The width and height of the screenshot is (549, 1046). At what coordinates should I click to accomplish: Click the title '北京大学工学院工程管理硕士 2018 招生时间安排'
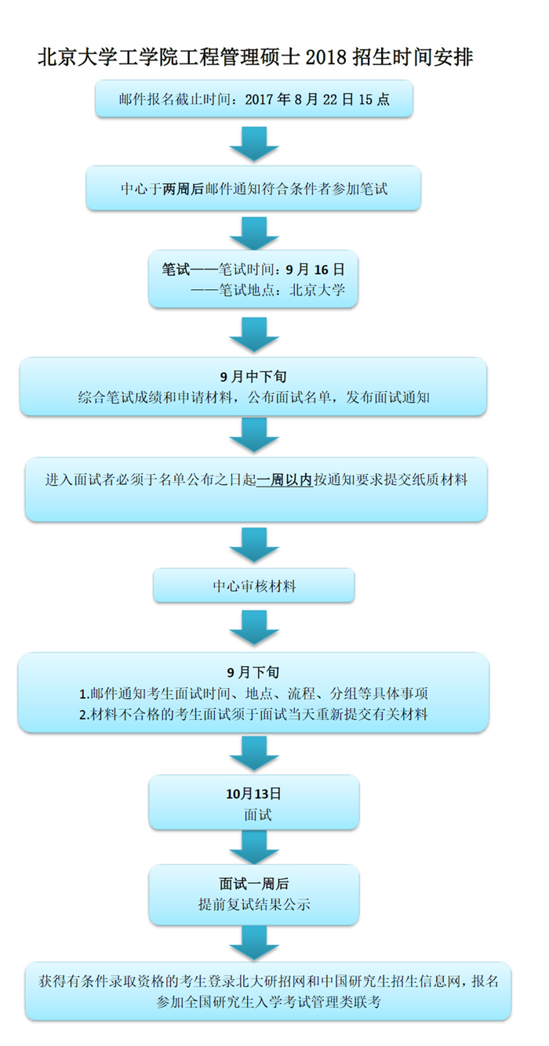pyautogui.click(x=255, y=57)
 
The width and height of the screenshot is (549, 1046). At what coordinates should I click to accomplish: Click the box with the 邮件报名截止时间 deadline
pyautogui.click(x=254, y=100)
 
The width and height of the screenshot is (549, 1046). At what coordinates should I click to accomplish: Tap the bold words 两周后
pyautogui.click(x=183, y=189)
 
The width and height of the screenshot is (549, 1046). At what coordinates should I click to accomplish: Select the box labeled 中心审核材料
pyautogui.click(x=254, y=586)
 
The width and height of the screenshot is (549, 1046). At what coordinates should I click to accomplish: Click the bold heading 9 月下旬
pyautogui.click(x=253, y=672)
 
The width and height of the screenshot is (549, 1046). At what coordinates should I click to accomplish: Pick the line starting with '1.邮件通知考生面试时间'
pyautogui.click(x=253, y=693)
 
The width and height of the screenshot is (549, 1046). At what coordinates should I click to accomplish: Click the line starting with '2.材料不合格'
pyautogui.click(x=253, y=714)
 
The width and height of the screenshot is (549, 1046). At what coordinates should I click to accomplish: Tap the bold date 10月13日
pyautogui.click(x=253, y=794)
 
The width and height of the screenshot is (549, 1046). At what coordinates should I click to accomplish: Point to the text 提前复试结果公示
pyautogui.click(x=254, y=905)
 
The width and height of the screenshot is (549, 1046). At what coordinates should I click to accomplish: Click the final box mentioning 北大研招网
pyautogui.click(x=268, y=991)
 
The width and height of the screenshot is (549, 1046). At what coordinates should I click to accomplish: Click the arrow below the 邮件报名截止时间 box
pyautogui.click(x=254, y=143)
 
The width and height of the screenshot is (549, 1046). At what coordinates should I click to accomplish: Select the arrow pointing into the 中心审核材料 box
pyautogui.click(x=254, y=545)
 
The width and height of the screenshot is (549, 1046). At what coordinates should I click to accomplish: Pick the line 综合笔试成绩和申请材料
pyautogui.click(x=253, y=397)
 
